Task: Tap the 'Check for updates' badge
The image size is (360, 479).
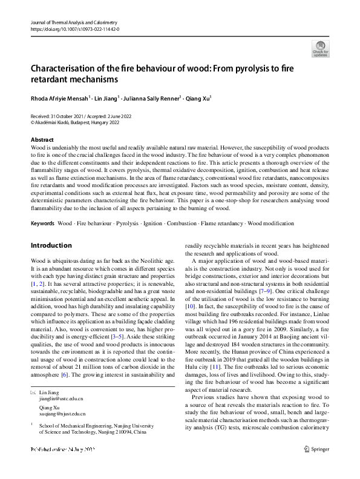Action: pos(320,49)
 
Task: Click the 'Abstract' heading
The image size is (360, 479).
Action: pos(42,139)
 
